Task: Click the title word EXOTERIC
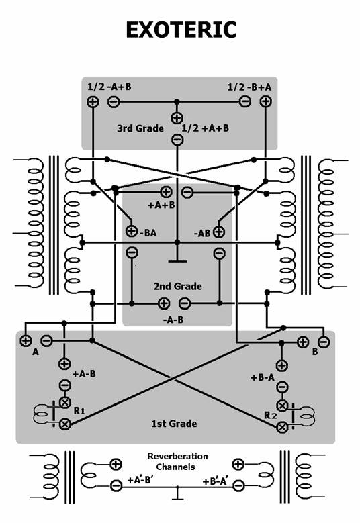click(x=181, y=30)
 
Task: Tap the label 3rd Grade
click(x=140, y=128)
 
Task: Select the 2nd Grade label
click(x=178, y=286)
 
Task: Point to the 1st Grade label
click(x=174, y=424)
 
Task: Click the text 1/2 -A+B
click(x=109, y=87)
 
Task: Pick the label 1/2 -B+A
click(x=249, y=87)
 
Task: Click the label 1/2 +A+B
click(x=206, y=128)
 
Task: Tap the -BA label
click(x=148, y=232)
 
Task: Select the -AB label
click(x=202, y=233)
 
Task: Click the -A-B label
click(x=173, y=320)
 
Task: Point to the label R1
click(x=79, y=411)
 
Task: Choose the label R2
click(x=270, y=416)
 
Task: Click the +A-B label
click(x=84, y=374)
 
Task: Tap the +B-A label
click(x=263, y=377)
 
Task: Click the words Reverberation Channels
click(x=177, y=461)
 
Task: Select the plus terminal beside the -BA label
click(x=132, y=230)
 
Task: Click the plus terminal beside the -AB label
click(x=219, y=232)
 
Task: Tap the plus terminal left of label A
click(x=26, y=340)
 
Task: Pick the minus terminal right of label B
click(x=324, y=342)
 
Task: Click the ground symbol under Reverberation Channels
click(x=177, y=493)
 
